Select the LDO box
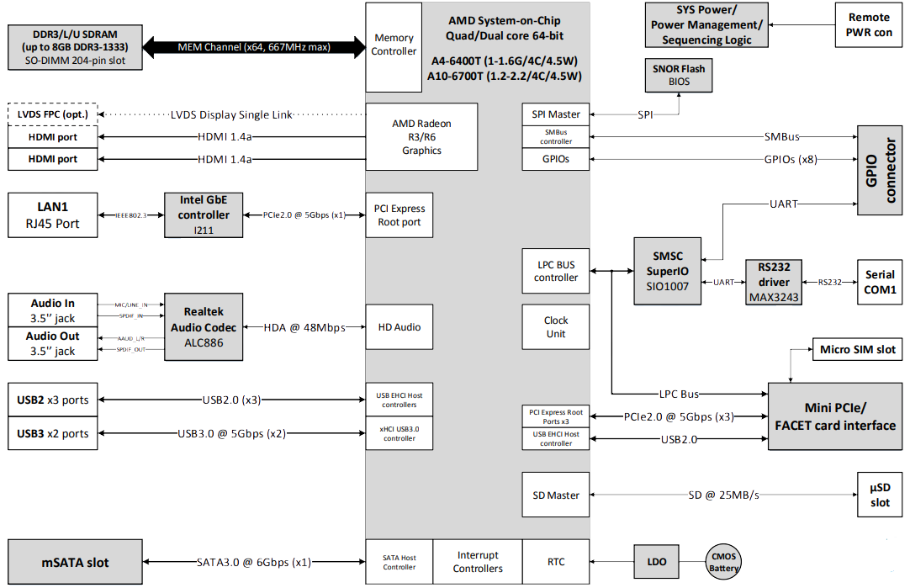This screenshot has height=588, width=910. click(x=657, y=561)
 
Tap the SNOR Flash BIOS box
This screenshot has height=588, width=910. click(x=679, y=76)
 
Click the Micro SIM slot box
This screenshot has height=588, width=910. click(x=857, y=349)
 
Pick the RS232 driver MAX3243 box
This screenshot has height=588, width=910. click(x=774, y=282)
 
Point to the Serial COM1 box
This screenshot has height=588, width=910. click(x=880, y=282)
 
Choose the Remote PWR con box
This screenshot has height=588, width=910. click(x=869, y=25)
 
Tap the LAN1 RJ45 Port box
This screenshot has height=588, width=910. click(x=52, y=215)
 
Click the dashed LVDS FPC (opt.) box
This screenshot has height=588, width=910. click(x=52, y=114)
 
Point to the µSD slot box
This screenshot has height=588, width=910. click(x=880, y=495)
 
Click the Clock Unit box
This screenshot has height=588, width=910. click(x=556, y=326)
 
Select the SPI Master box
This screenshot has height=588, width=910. click(x=556, y=114)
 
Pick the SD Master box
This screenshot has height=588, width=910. click(x=556, y=495)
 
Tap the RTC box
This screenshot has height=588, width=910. click(x=556, y=561)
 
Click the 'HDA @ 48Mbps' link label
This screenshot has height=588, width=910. click(x=304, y=327)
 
